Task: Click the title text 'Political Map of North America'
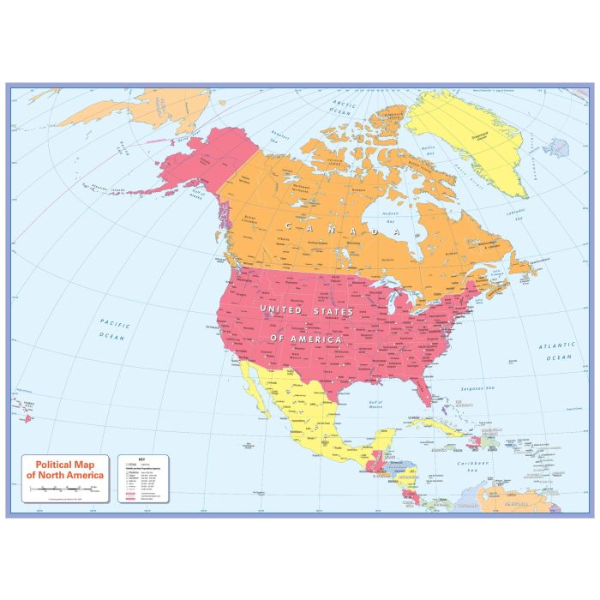click(x=65, y=468)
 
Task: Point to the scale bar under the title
click(x=65, y=489)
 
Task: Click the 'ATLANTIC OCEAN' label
click(x=556, y=351)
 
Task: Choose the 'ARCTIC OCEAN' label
click(x=342, y=108)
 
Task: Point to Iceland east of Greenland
click(x=555, y=147)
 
